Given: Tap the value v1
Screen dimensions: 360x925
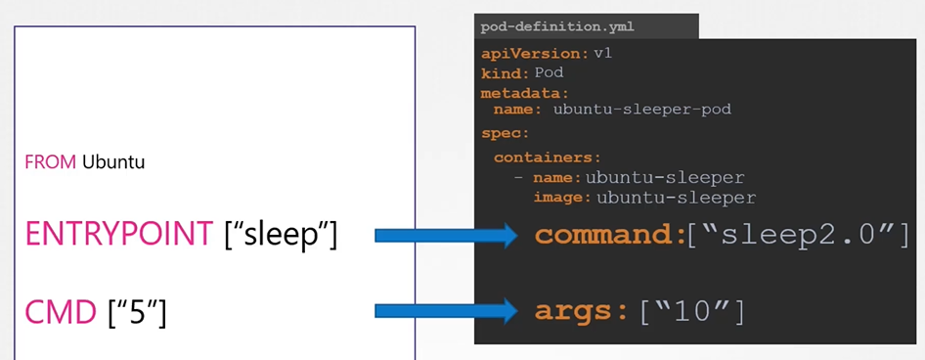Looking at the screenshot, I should [x=602, y=53].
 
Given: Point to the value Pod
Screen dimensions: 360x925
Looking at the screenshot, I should [x=549, y=73].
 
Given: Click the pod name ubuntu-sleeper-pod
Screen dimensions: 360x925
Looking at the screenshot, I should [x=641, y=110].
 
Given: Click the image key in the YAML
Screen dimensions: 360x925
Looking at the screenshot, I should [x=562, y=198].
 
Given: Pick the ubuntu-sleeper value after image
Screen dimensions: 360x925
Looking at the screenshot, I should [x=676, y=198].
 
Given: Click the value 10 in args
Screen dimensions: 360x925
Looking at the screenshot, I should [x=692, y=312].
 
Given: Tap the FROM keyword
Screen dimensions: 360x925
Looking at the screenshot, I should [x=51, y=162].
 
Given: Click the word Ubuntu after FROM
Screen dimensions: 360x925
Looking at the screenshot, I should [x=113, y=162].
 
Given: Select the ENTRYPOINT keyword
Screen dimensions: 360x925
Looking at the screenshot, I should [x=118, y=234].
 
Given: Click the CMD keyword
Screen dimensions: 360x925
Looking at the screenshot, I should [x=60, y=312].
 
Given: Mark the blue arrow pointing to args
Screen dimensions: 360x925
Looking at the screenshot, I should [x=445, y=312].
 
